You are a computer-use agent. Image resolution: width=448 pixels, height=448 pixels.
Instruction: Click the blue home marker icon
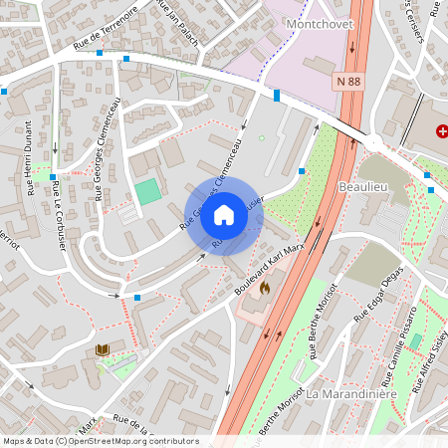point(224,215)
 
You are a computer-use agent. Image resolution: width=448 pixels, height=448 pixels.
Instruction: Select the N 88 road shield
point(348,80)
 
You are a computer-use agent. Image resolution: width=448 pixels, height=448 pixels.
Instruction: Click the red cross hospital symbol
point(442,131)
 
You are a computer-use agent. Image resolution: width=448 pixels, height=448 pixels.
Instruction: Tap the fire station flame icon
point(265,289)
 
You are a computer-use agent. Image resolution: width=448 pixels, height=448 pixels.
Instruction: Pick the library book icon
point(102,349)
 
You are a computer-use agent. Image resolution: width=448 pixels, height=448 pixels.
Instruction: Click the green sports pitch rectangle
point(147,192)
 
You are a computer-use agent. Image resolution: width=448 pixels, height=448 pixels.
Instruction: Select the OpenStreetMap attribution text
point(101,440)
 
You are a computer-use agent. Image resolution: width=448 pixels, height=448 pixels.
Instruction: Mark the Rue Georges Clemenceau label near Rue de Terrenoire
point(109,150)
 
